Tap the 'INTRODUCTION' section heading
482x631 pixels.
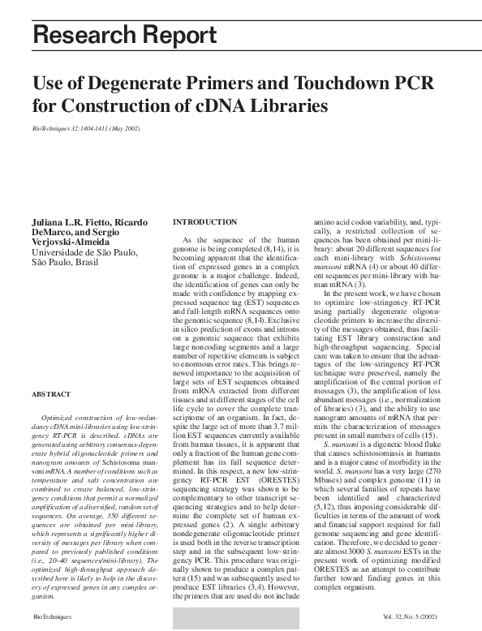[x=205, y=222]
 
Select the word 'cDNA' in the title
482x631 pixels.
[x=217, y=105]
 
